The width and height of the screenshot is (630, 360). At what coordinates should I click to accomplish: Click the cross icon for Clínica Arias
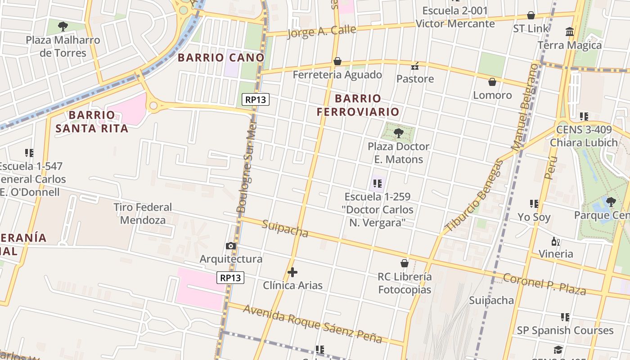tap(292, 272)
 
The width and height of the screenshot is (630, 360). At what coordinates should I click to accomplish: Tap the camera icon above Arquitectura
tap(231, 246)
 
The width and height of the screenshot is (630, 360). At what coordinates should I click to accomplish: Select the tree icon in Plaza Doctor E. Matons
tap(398, 133)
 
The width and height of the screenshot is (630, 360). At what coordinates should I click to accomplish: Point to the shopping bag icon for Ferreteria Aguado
tap(337, 61)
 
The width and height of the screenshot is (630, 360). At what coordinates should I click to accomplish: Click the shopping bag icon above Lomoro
tap(492, 82)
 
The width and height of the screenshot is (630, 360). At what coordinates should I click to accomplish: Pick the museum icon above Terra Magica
tap(570, 31)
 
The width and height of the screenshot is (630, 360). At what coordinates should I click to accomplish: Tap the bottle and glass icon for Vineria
tap(556, 241)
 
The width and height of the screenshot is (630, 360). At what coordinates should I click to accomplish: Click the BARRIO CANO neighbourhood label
tap(221, 58)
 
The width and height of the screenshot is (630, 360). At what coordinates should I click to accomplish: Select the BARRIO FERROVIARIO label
tap(358, 105)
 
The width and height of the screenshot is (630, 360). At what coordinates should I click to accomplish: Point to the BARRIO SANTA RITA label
tap(92, 121)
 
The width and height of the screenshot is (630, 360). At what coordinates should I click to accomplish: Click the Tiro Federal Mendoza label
tap(143, 214)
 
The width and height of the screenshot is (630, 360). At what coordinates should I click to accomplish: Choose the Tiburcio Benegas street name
tap(474, 195)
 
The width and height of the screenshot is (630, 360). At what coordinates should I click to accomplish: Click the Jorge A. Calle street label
tap(321, 31)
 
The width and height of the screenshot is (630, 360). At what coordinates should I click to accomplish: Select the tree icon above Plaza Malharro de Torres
tap(63, 26)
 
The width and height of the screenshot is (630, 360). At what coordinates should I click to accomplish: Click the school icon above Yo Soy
tap(534, 203)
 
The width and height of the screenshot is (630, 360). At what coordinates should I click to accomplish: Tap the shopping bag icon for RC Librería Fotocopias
tap(405, 263)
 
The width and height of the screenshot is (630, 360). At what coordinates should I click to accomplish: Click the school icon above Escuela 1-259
tap(378, 183)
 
